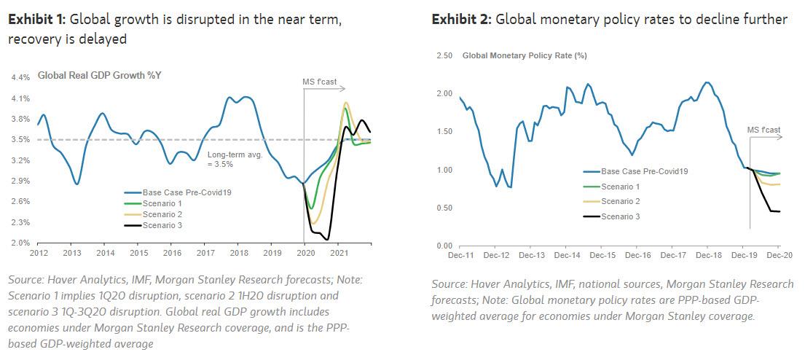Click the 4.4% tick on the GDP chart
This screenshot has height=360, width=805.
(x=20, y=77)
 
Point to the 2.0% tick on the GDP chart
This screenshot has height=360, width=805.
(x=20, y=243)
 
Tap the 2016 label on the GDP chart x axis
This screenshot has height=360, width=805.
(x=172, y=253)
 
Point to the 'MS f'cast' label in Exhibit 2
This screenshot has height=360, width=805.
(x=763, y=130)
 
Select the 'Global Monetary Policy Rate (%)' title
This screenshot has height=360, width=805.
(x=525, y=55)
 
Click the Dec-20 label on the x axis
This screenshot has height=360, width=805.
(x=778, y=255)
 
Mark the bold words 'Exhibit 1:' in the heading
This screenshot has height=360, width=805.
(x=31, y=20)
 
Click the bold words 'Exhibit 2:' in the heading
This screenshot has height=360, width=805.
(x=460, y=20)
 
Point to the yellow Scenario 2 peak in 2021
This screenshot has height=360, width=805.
(x=346, y=103)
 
